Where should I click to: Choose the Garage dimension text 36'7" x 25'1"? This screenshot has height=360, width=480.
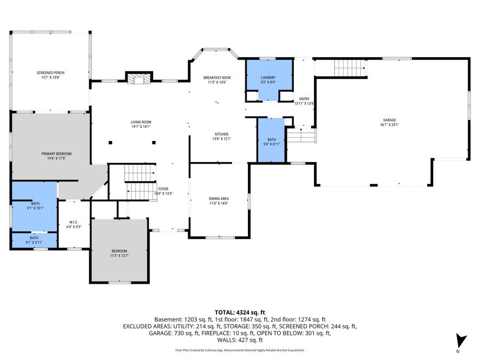(x=389, y=125)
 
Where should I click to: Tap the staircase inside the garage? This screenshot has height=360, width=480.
(x=350, y=68)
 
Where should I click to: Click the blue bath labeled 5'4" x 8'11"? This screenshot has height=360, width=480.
(x=271, y=140)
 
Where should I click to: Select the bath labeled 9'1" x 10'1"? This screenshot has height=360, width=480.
(x=35, y=206)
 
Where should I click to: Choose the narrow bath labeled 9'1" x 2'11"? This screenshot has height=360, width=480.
(x=34, y=241)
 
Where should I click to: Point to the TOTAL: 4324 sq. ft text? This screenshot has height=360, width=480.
(x=239, y=312)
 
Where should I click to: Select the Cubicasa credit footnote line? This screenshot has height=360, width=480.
(x=239, y=350)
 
